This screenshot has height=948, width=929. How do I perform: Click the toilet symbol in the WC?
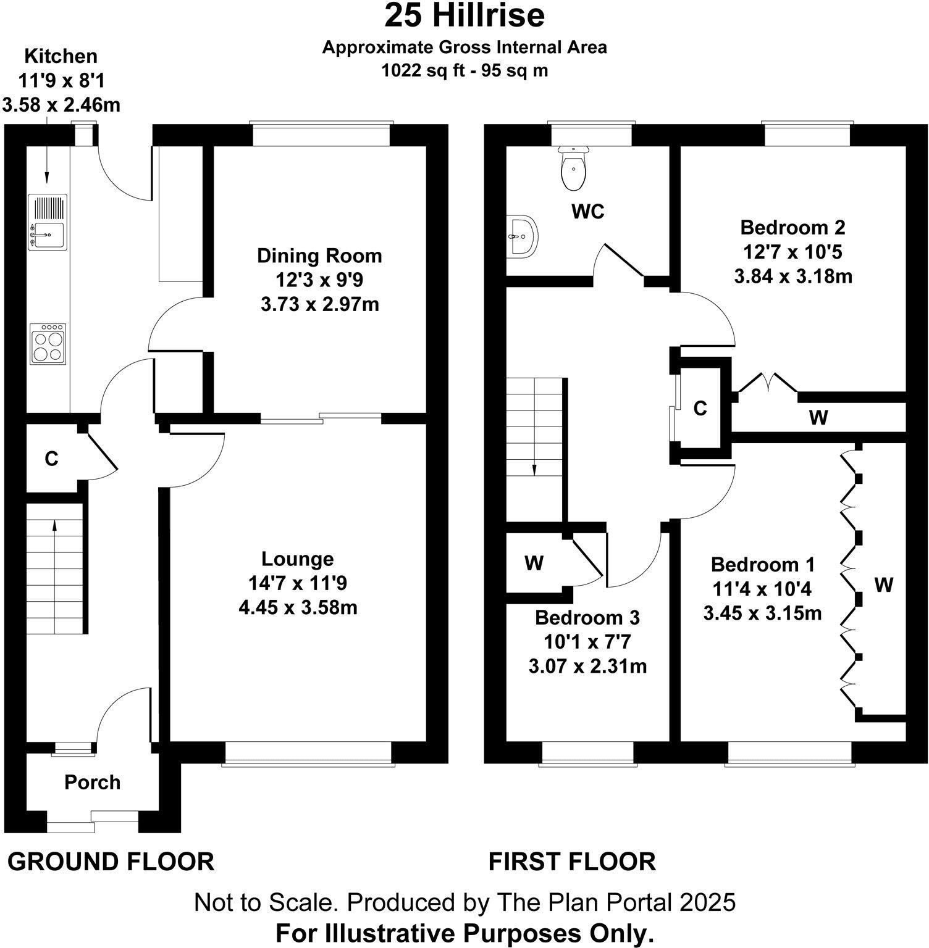(x=574, y=169)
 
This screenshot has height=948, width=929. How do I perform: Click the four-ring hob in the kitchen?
(x=48, y=343)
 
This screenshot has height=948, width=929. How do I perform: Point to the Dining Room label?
(x=319, y=256)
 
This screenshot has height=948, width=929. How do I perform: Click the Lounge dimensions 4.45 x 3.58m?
(x=298, y=608)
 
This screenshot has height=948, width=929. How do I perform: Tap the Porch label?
(x=92, y=783)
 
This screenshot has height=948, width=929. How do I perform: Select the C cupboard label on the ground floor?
(x=51, y=459)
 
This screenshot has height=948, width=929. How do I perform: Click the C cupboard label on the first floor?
(x=700, y=409)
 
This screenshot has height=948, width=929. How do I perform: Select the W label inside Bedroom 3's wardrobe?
(x=534, y=563)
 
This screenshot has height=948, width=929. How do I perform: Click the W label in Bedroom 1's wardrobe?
(x=884, y=584)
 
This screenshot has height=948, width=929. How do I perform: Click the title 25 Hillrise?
(x=464, y=16)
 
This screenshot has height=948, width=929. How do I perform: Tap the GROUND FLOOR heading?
(x=111, y=862)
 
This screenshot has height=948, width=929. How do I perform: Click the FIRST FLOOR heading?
(x=572, y=862)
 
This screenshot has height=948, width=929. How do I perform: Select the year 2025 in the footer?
(x=708, y=903)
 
